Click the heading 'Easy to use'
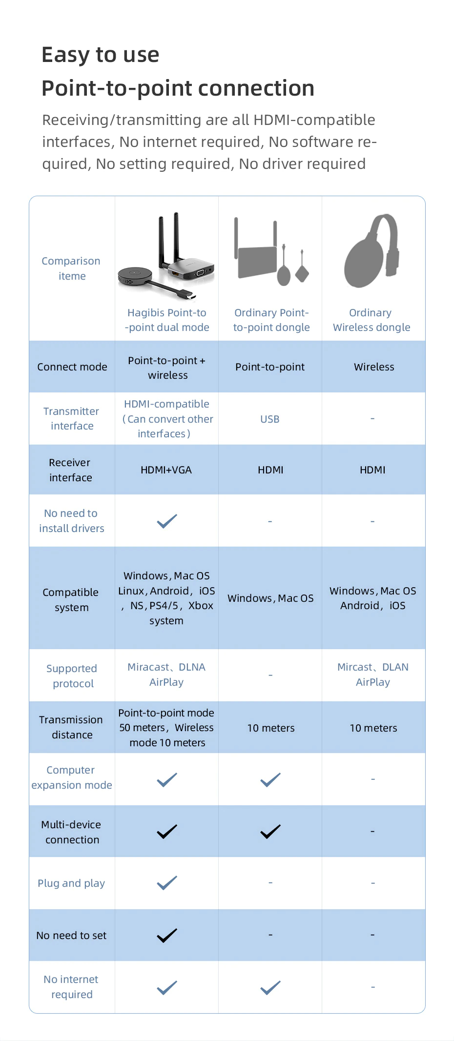tap(101, 55)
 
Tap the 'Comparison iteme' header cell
tap(71, 268)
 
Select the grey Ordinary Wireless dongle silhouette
tap(372, 252)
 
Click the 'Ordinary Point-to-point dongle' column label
tap(271, 320)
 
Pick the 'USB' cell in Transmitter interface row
tap(270, 419)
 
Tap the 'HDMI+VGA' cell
tap(166, 470)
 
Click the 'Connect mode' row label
tap(72, 367)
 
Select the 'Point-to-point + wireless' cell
tap(167, 367)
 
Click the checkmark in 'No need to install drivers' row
tap(167, 521)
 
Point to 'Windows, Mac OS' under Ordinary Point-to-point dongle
tap(270, 598)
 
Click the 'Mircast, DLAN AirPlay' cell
tap(373, 674)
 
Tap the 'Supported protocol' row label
tap(72, 676)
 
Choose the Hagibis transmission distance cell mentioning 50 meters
tap(166, 728)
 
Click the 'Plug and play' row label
tap(71, 883)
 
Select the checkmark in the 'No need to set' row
tap(167, 935)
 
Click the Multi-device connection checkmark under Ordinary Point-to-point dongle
tap(270, 831)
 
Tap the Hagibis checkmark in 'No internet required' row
tap(167, 987)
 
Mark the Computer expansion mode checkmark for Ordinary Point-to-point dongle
tap(270, 779)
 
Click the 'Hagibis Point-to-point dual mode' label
tap(167, 320)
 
